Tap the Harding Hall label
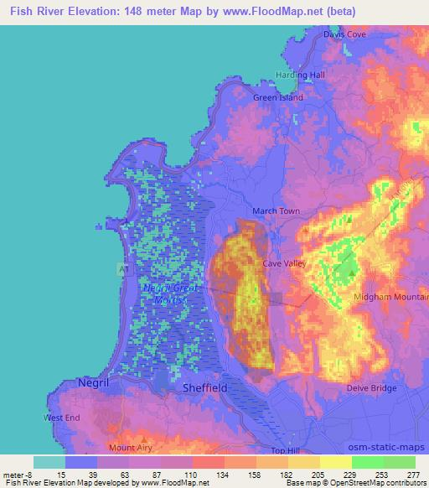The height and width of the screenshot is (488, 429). point(300,75)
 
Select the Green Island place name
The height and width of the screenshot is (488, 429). point(278,97)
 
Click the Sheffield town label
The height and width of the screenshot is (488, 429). point(205,389)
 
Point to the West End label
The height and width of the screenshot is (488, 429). point(64,418)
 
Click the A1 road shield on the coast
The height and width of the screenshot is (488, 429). point(121,268)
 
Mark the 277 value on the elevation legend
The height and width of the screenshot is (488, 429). point(414,475)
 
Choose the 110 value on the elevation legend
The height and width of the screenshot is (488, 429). point(192,475)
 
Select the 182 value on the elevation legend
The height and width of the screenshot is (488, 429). point(287,475)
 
